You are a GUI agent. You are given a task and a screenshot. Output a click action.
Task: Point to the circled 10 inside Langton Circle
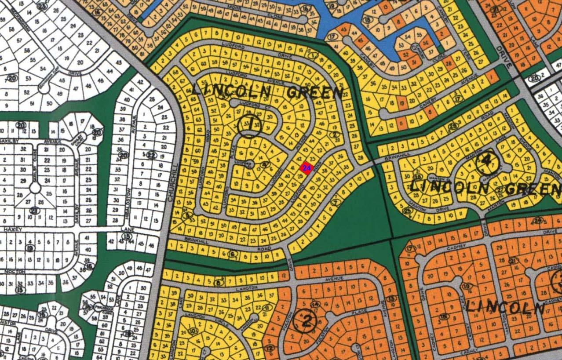pos(192,331)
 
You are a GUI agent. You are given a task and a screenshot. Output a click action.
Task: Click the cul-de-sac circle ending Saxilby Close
pos(35,188)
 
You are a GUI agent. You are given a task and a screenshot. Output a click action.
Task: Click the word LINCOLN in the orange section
pos(505,307)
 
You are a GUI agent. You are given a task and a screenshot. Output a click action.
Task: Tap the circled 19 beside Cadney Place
pos(467,286)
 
